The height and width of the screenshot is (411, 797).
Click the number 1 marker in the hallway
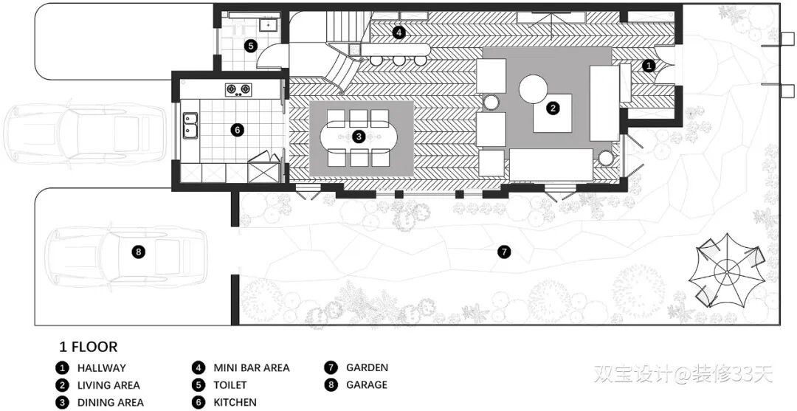649,66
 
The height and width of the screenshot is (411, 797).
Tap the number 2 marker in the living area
552,108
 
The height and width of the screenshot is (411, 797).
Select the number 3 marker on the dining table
359,137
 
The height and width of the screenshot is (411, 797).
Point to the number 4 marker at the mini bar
398,32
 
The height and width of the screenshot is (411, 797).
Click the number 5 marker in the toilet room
251,46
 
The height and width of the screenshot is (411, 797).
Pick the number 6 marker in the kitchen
237,130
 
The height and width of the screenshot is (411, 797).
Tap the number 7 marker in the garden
504,252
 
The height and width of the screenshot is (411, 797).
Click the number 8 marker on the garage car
139,252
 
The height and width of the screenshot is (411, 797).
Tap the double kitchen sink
190,125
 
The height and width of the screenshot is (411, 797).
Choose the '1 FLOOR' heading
88,347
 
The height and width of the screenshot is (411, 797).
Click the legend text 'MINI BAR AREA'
251,367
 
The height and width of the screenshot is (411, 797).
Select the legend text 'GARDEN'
366,367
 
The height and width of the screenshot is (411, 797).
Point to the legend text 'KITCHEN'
235,402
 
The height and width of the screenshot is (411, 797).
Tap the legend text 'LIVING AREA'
108,385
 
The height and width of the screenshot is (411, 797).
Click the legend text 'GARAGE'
366,385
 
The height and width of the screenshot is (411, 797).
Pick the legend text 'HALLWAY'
101,367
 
